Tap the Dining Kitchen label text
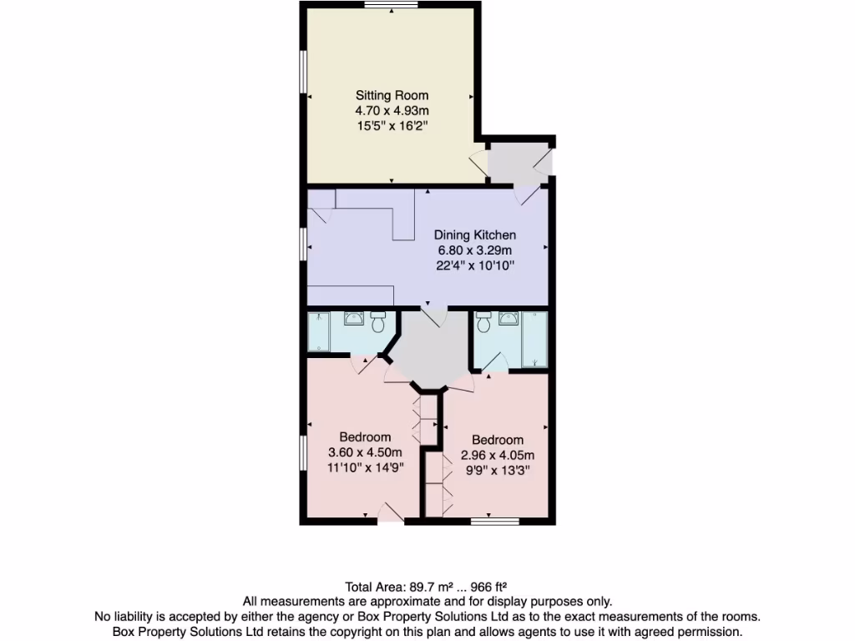[474, 235]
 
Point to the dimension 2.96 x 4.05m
[498, 456]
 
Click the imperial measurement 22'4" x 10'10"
[474, 265]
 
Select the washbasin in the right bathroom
[507, 317]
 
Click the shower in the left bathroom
[318, 332]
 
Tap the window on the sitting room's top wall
[391, 5]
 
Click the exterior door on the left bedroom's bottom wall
[390, 517]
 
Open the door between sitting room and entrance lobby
[479, 163]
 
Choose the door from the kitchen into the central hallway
[434, 315]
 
